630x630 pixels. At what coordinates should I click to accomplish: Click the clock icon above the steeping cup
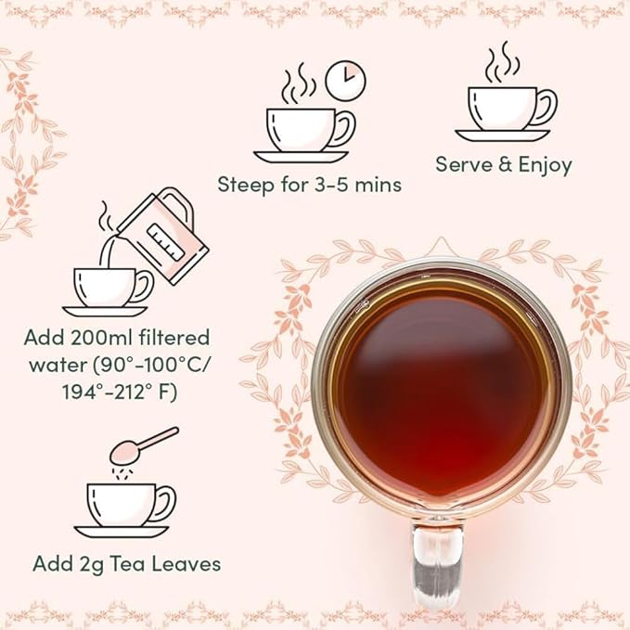346,81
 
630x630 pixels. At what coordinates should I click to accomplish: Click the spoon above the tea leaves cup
149,445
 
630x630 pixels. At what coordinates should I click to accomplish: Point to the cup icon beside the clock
306,130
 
